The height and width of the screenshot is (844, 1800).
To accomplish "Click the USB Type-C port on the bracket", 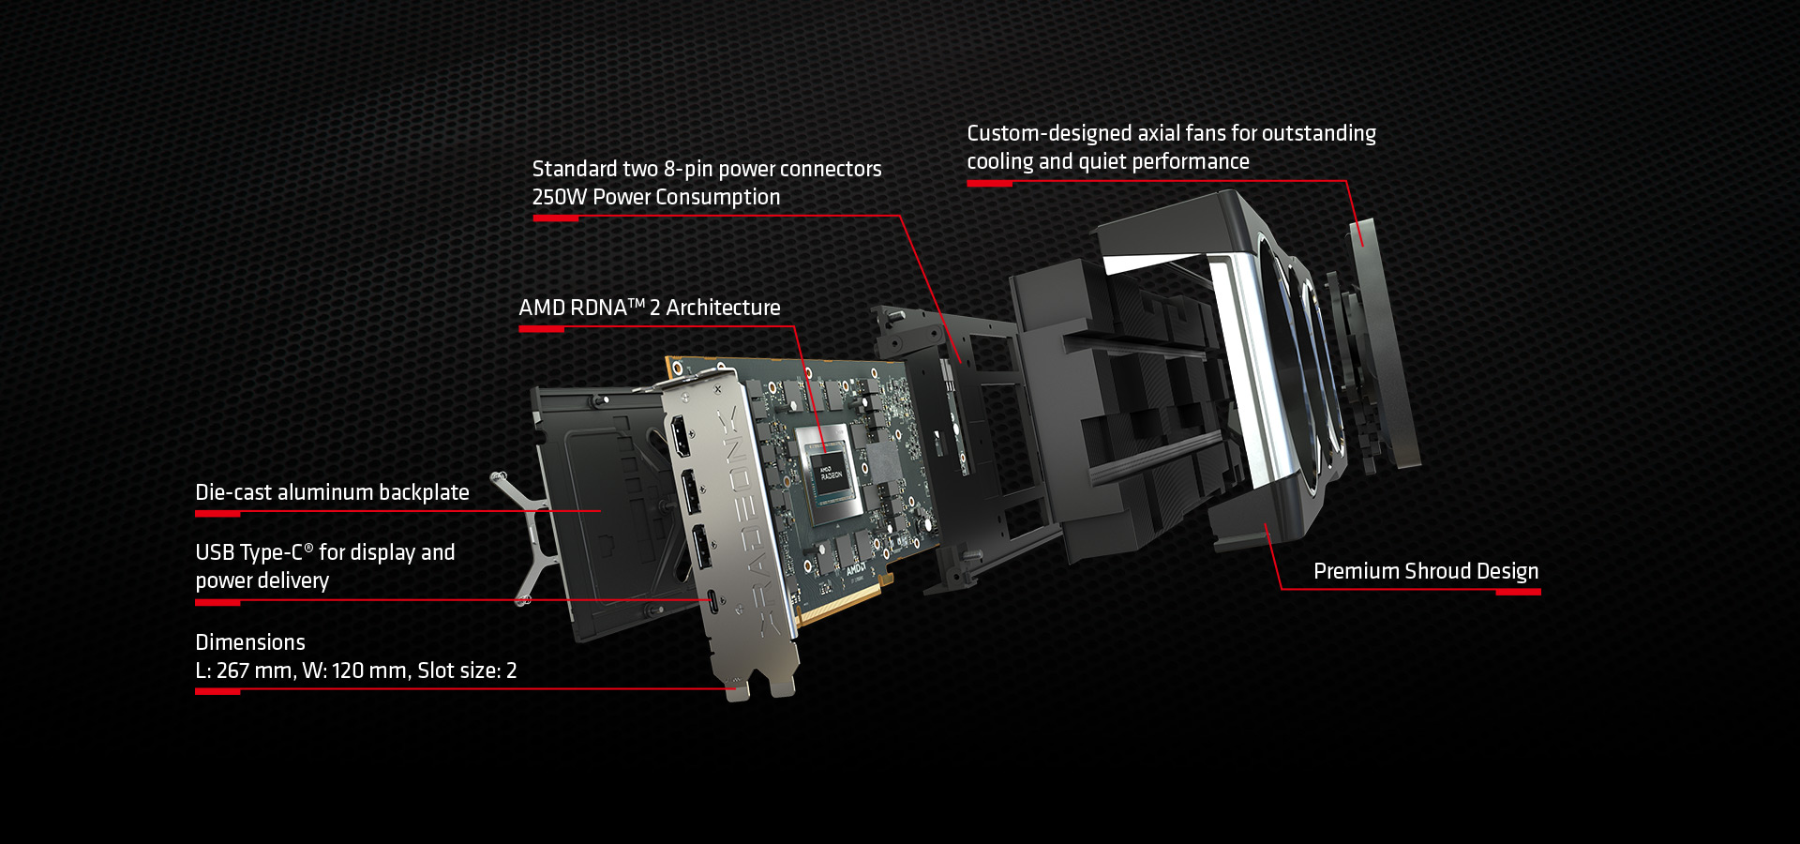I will (x=713, y=601).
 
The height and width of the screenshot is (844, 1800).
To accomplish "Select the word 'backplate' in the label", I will (x=424, y=492).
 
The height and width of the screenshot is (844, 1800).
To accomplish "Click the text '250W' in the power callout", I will (x=560, y=197).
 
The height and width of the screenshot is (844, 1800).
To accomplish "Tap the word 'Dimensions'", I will (x=250, y=642).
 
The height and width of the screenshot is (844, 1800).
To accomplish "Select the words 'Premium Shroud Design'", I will (x=1426, y=571).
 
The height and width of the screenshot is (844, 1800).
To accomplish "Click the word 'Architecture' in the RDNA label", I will (x=723, y=308).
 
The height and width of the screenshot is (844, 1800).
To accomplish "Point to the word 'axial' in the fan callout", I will (x=1159, y=133).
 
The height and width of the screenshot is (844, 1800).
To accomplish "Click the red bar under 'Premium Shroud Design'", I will (x=1518, y=592).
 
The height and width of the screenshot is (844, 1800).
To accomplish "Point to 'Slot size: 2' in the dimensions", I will (x=467, y=671).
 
